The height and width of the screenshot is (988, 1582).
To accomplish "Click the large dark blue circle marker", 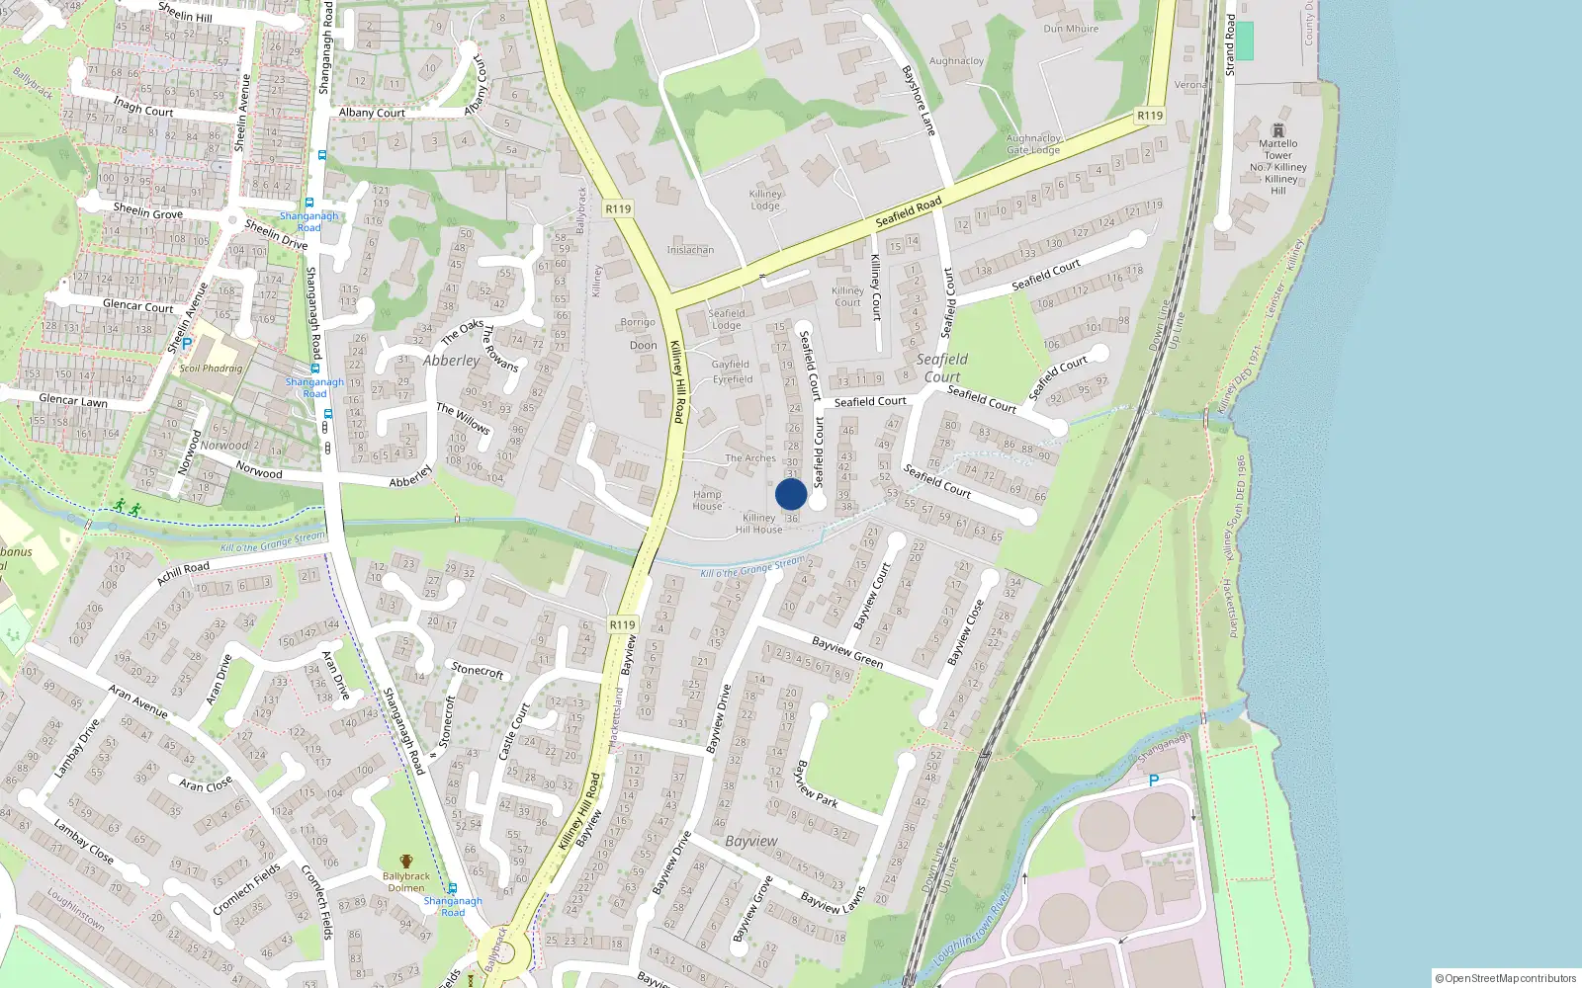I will pyautogui.click(x=791, y=494).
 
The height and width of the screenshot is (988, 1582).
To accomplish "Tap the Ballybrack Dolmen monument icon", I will pyautogui.click(x=406, y=862).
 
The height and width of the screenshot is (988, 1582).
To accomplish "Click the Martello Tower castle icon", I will pyautogui.click(x=1278, y=130).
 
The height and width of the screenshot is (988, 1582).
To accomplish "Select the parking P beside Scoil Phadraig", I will pyautogui.click(x=186, y=345).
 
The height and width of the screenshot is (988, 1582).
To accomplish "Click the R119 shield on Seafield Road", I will pyautogui.click(x=1150, y=116).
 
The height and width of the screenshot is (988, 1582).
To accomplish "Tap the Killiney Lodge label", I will pyautogui.click(x=765, y=200).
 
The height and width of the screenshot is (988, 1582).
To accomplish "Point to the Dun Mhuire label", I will pyautogui.click(x=1071, y=29).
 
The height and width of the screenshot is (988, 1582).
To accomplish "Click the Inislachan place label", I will pyautogui.click(x=690, y=250).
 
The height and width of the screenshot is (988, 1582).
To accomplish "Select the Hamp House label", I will pyautogui.click(x=707, y=500).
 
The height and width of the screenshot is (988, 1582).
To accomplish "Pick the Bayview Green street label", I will pyautogui.click(x=847, y=653).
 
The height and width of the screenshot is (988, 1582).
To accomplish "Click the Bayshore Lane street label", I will pyautogui.click(x=919, y=101).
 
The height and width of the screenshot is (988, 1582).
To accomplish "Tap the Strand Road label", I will pyautogui.click(x=1230, y=44).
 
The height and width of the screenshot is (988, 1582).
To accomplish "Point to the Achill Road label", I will pyautogui.click(x=183, y=573).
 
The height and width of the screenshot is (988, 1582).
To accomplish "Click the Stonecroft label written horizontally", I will pyautogui.click(x=478, y=671).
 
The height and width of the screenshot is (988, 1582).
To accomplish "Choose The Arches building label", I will pyautogui.click(x=750, y=458).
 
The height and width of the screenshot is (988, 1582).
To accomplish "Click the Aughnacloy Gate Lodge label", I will pyautogui.click(x=1033, y=144).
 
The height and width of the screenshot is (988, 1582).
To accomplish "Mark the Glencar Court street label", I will pyautogui.click(x=138, y=306).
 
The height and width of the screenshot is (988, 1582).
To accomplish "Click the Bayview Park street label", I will pyautogui.click(x=818, y=784).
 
